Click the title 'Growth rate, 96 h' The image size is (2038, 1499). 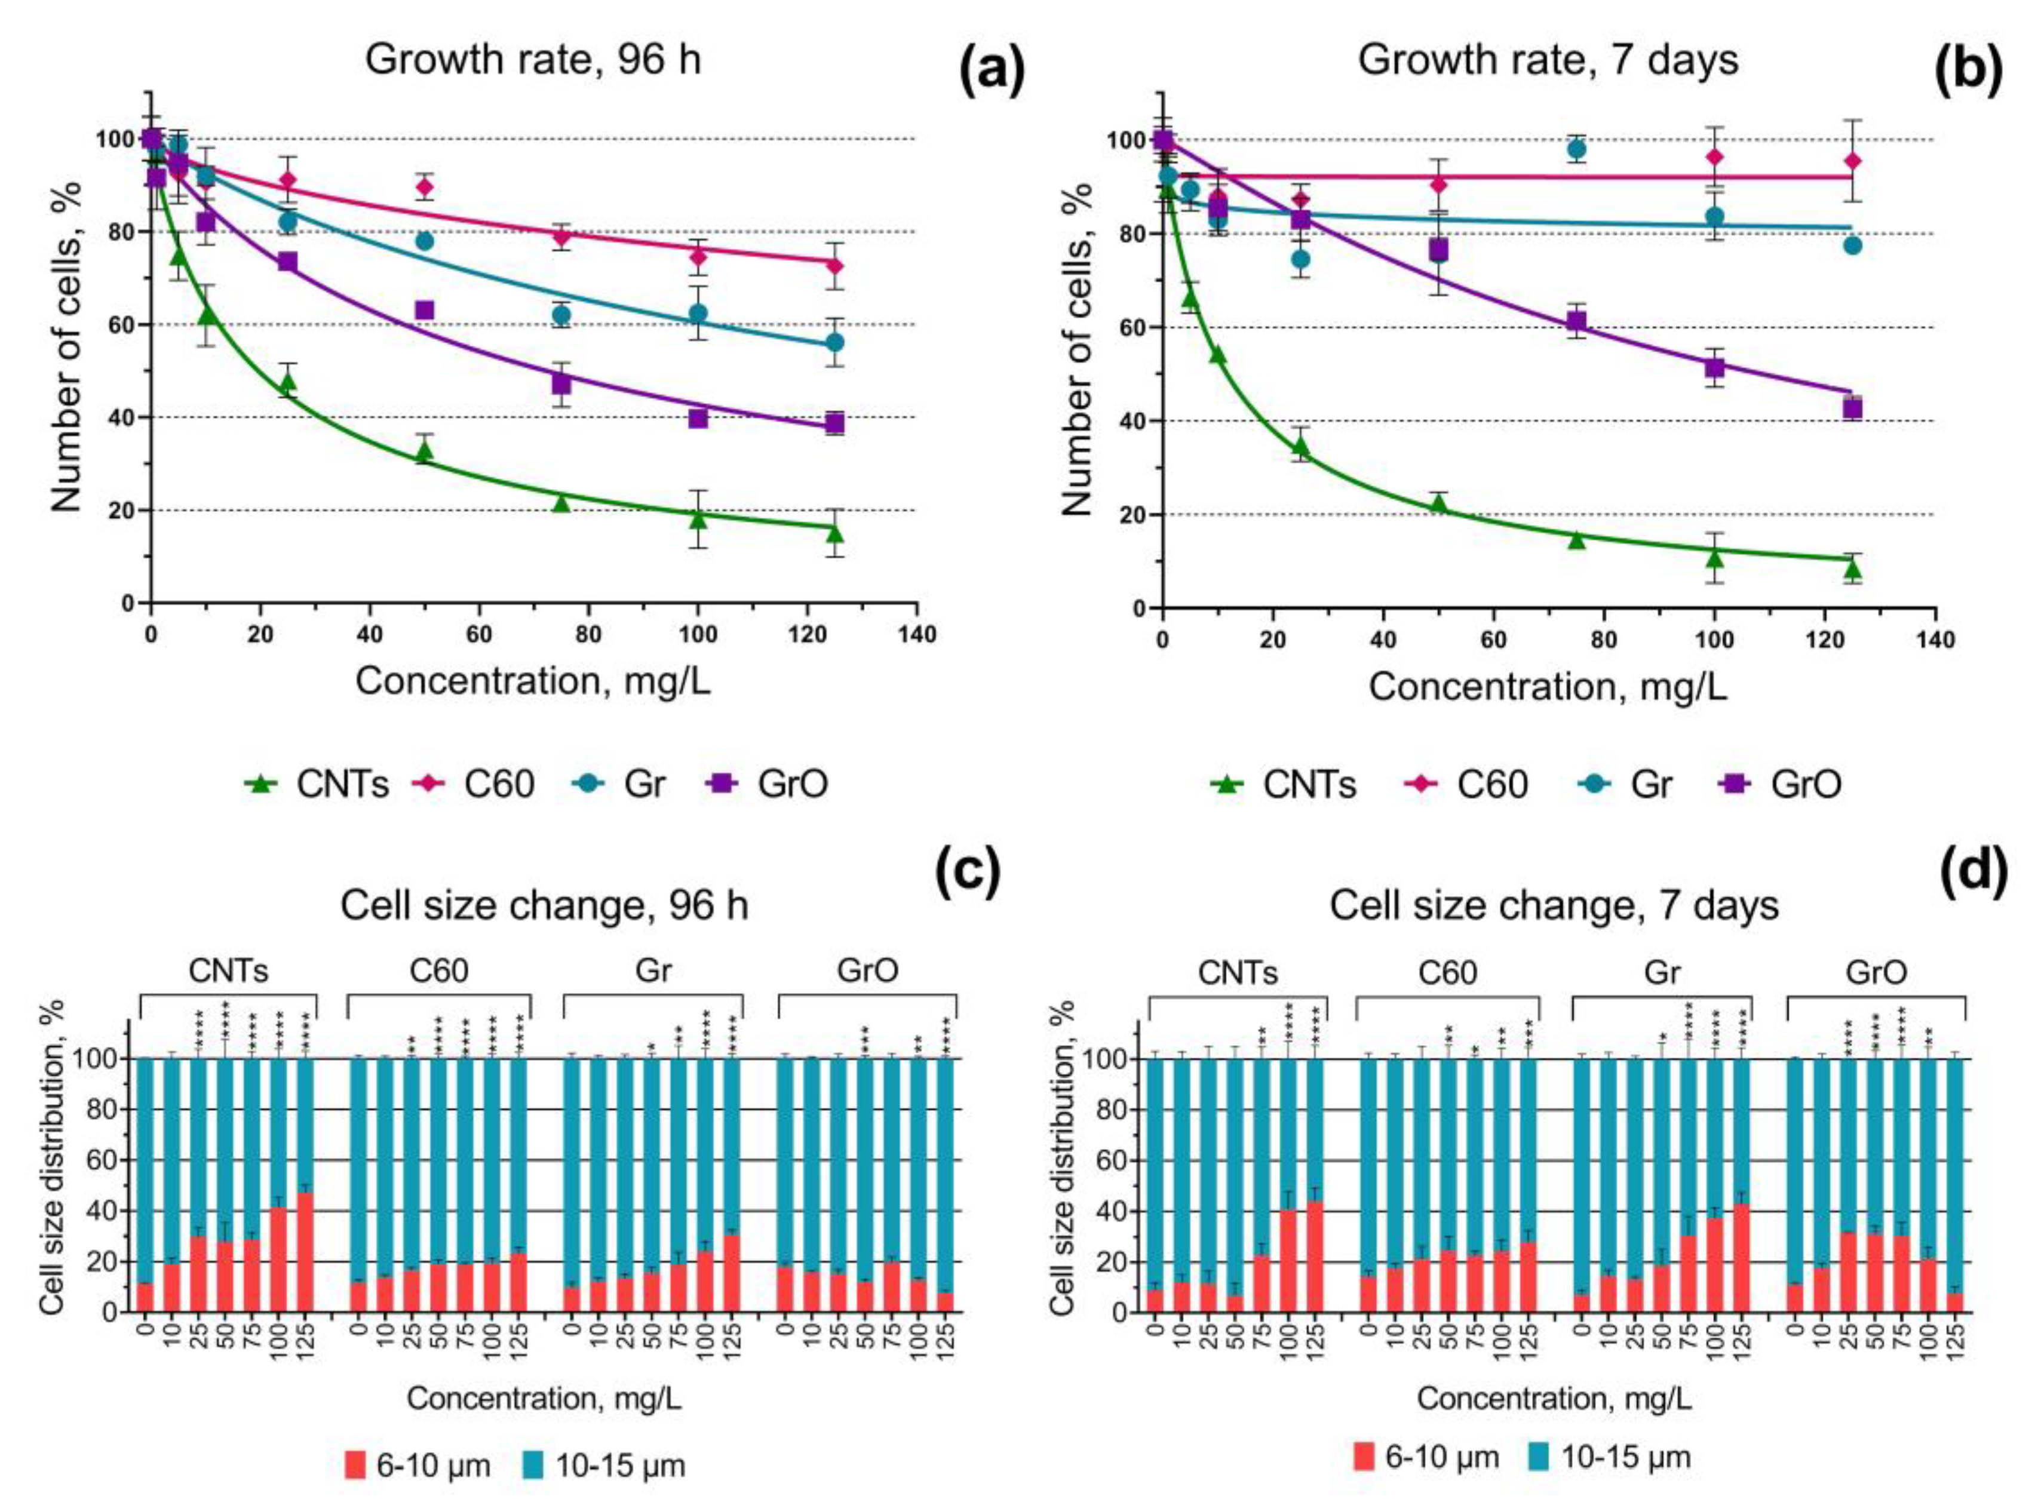[x=533, y=60]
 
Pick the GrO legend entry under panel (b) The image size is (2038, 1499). [x=1779, y=783]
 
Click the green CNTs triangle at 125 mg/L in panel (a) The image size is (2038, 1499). [x=835, y=533]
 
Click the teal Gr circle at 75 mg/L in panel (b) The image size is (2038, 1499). [x=1577, y=149]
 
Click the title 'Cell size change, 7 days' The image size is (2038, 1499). [x=1554, y=905]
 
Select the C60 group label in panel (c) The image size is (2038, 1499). [x=439, y=971]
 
